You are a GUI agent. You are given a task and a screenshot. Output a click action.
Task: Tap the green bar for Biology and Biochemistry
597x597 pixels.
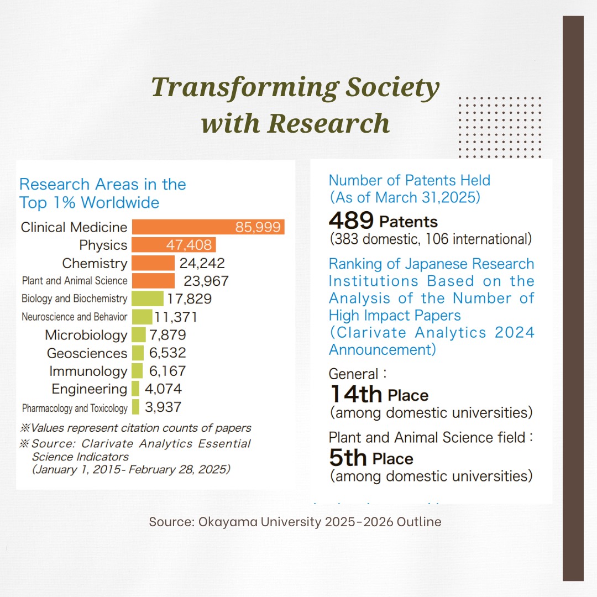(x=148, y=298)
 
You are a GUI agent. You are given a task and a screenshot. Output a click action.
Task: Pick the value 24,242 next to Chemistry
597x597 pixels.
(x=202, y=263)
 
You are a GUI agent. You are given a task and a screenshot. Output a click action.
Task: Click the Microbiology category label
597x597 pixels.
(x=86, y=335)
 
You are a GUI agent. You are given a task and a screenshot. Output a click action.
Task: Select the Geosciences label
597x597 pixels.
(x=87, y=353)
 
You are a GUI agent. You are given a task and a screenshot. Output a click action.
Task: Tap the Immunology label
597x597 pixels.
(x=88, y=371)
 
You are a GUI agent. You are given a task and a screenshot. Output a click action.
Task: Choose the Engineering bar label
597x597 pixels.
(x=89, y=389)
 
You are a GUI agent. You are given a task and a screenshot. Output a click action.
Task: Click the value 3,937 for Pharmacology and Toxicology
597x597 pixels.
(x=163, y=407)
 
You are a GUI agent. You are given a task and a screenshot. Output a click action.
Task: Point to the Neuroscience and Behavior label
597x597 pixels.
(x=74, y=317)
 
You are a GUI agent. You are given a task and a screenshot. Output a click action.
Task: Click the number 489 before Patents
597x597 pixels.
(x=351, y=221)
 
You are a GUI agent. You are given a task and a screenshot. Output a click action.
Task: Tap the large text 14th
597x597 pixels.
(x=356, y=395)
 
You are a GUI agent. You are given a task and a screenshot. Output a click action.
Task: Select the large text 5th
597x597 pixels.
(x=348, y=458)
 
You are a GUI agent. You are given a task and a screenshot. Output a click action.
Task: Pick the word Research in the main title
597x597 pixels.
(x=329, y=122)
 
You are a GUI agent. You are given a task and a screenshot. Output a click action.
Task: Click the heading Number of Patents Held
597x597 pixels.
(x=409, y=180)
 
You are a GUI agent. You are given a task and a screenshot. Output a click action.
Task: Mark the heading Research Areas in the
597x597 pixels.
(x=103, y=184)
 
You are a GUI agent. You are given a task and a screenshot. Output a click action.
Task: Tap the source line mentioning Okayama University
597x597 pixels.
(x=295, y=522)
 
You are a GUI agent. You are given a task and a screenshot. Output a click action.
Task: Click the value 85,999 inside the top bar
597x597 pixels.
(x=258, y=227)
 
